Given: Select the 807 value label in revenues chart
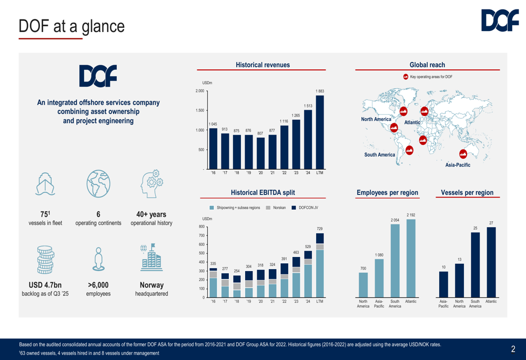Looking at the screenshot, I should (x=260, y=133).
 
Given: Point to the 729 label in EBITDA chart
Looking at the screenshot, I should (x=320, y=229).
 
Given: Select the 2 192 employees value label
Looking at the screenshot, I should (x=411, y=214).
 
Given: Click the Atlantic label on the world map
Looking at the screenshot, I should (x=412, y=122).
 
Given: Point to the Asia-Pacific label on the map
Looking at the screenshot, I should (x=458, y=164).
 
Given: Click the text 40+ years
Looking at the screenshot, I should (x=151, y=214).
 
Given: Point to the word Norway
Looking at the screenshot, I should (x=151, y=285).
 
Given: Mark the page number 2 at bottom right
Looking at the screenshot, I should (x=513, y=348).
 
